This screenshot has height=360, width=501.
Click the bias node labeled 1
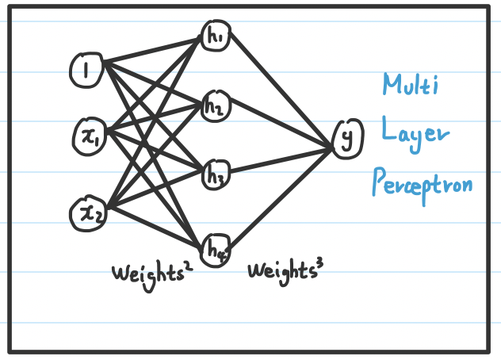click(86, 70)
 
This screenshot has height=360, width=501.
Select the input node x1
click(90, 136)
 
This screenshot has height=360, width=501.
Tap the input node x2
click(89, 213)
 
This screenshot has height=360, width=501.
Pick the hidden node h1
click(216, 35)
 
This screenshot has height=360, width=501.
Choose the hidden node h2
click(216, 106)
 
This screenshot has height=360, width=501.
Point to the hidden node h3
click(216, 175)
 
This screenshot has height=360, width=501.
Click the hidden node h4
click(216, 251)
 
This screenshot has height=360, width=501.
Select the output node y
click(347, 139)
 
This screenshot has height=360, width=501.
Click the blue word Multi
click(411, 84)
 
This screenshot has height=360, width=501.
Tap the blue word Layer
click(415, 134)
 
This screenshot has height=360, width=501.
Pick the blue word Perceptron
click(423, 186)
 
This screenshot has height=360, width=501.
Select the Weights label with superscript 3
click(285, 272)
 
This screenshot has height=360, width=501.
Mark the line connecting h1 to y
click(281, 90)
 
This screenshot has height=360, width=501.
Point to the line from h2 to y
click(281, 124)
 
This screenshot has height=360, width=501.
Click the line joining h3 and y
click(281, 161)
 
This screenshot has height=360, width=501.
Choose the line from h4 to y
click(281, 199)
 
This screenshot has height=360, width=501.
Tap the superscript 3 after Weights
click(319, 264)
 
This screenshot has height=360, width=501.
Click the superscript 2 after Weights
click(189, 266)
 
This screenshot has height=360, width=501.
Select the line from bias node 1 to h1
click(152, 50)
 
